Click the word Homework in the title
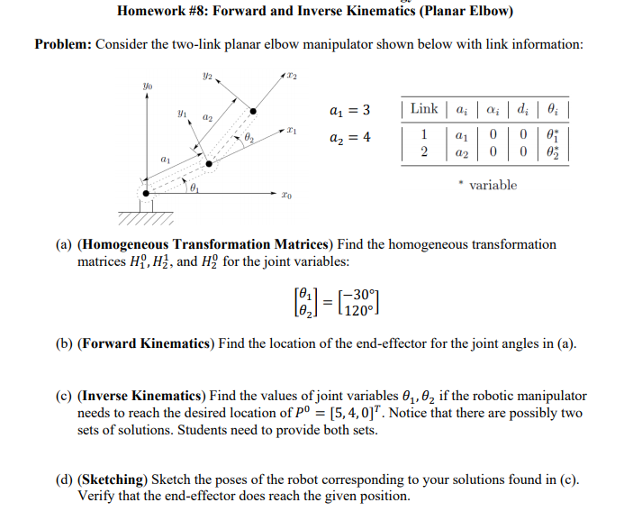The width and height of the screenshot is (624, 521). tap(154, 12)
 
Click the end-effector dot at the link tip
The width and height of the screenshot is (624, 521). tap(253, 111)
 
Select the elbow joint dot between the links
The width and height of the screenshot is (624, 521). tap(209, 164)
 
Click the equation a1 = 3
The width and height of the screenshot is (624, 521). tap(351, 110)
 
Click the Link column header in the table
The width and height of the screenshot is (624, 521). tap(423, 109)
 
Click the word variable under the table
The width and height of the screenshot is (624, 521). tap(493, 185)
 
